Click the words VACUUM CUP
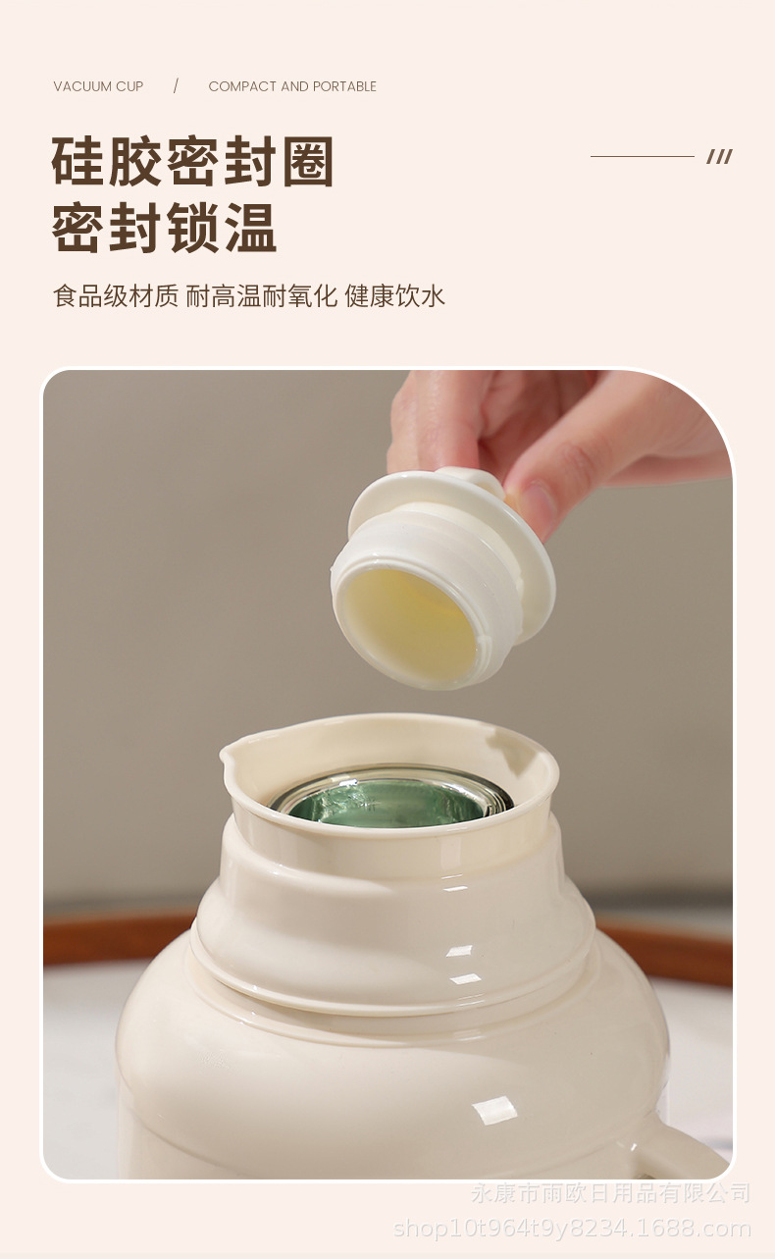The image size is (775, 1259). tap(98, 86)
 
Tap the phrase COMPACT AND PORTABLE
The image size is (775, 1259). tap(292, 86)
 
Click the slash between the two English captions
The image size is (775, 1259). tap(176, 86)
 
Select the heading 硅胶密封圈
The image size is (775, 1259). tap(192, 162)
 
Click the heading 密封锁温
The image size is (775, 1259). tap(164, 228)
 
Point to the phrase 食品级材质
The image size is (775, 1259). tap(116, 295)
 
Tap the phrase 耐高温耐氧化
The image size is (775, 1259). tap(262, 295)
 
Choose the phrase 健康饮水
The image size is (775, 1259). tap(395, 295)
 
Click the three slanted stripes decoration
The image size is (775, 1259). tap(719, 156)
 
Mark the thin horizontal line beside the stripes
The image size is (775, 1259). tap(642, 156)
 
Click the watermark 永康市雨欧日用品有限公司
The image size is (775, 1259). tap(610, 1193)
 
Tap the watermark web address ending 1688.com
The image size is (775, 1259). tap(572, 1228)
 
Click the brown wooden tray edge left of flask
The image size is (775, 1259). tap(118, 937)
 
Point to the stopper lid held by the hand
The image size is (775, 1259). tap(441, 579)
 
